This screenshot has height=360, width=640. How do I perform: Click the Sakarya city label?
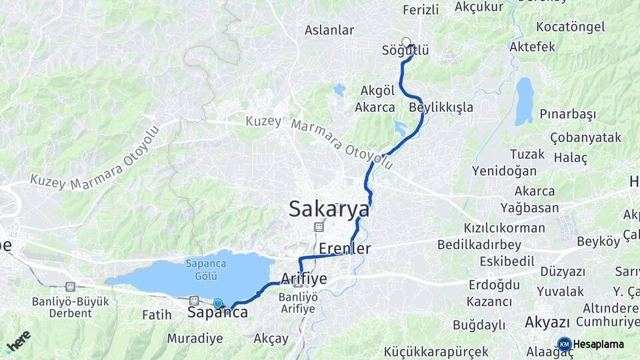[x=329, y=209]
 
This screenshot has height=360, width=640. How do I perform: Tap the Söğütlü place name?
[x=405, y=51]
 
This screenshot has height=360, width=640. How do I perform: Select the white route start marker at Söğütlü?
[x=406, y=42]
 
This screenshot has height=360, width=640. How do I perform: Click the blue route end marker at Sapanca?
[x=218, y=304]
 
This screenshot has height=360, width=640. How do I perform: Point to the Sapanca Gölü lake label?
[x=196, y=267]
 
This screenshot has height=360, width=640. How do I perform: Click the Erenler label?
[x=345, y=249]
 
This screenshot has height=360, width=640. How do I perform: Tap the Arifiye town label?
[x=305, y=279]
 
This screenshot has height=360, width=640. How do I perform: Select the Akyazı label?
[x=547, y=322]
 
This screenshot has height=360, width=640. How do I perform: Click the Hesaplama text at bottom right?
[x=599, y=345]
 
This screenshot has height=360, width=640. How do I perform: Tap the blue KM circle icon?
[x=564, y=345]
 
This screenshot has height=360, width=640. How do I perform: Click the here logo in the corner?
[x=18, y=341]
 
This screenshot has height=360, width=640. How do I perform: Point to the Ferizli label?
[x=421, y=9]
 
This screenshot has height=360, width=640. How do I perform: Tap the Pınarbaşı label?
[x=568, y=114]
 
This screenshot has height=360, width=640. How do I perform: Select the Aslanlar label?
[x=329, y=30]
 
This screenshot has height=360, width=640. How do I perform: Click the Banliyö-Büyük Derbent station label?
[x=70, y=307]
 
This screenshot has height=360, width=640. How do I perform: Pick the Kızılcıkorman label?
[x=505, y=228]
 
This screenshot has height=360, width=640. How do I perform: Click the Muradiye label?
[x=195, y=338]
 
